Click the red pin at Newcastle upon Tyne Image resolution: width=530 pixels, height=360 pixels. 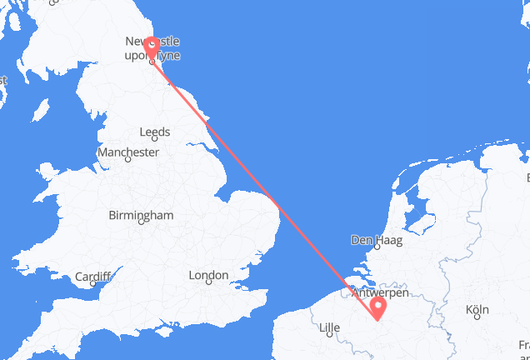point(152,47)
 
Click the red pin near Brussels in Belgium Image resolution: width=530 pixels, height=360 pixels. point(378,309)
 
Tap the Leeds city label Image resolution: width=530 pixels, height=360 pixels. point(156,132)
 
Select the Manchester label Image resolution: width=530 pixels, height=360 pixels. point(127,152)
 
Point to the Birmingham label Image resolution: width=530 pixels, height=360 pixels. point(141,215)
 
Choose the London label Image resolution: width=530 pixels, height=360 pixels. point(208,275)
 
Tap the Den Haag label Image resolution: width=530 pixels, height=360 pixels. point(377,241)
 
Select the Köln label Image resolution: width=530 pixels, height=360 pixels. point(477,310)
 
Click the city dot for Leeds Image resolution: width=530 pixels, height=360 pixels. point(156,142)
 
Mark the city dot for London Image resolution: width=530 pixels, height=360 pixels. point(208,284)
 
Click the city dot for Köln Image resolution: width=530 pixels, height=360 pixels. point(477,319)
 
